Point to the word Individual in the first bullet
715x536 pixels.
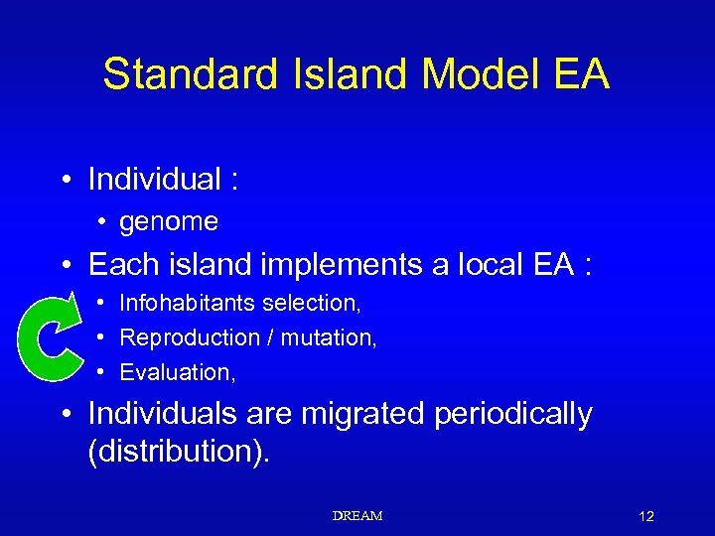pyautogui.click(x=154, y=180)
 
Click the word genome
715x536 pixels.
pyautogui.click(x=168, y=222)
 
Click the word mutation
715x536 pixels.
pyautogui.click(x=328, y=337)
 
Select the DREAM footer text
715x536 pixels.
pyautogui.click(x=357, y=516)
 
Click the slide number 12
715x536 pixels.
pyautogui.click(x=646, y=516)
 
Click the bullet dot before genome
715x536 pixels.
pyautogui.click(x=102, y=223)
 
